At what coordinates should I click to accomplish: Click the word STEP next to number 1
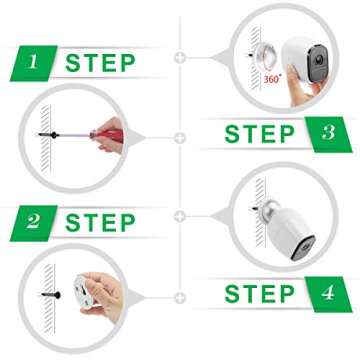[x=100, y=63]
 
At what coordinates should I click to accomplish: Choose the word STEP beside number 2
[x=100, y=222]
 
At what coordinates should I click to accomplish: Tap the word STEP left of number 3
[x=259, y=133]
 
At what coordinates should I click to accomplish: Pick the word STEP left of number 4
[x=259, y=293]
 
